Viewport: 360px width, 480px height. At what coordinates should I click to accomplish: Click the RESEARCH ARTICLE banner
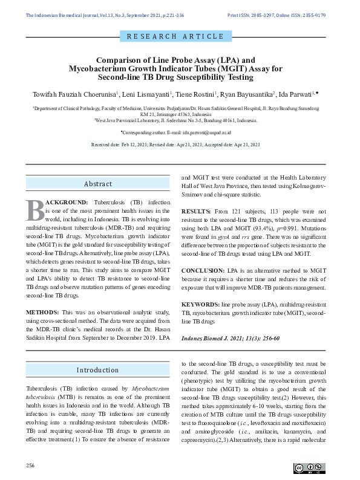tap(175, 36)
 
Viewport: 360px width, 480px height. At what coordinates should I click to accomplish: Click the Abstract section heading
tap(98, 184)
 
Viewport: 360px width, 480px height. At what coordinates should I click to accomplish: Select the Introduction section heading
tap(98, 369)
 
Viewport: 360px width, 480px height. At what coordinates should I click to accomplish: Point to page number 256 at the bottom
tap(31, 465)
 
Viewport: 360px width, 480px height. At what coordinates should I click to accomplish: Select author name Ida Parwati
tap(296, 95)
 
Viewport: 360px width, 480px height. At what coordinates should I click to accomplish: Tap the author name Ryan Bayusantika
tap(247, 95)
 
